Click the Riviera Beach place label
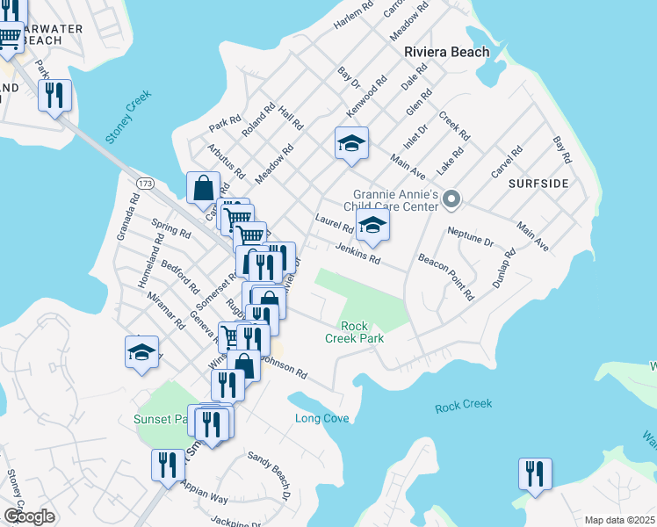[446, 53]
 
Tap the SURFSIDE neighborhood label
[538, 184]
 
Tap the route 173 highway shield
[145, 182]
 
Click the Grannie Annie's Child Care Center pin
[451, 201]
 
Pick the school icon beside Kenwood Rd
[351, 143]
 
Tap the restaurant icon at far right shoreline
[534, 473]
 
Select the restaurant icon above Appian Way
[168, 466]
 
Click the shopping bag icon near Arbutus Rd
[203, 187]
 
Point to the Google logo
[29, 516]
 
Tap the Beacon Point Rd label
[446, 275]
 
